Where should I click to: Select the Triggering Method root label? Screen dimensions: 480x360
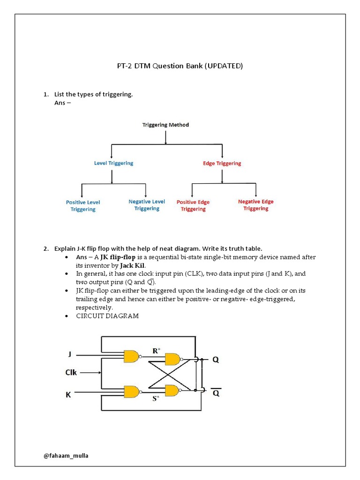pyautogui.click(x=165, y=125)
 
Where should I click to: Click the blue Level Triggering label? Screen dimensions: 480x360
pyautogui.click(x=113, y=163)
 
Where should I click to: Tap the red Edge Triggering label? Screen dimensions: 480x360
pyautogui.click(x=222, y=163)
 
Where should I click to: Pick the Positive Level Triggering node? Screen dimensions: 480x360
pyautogui.click(x=83, y=206)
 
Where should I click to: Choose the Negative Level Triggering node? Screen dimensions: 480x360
pyautogui.click(x=147, y=205)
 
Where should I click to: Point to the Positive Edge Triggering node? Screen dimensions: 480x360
pyautogui.click(x=193, y=205)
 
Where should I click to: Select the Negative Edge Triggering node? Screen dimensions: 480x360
pyautogui.click(x=255, y=205)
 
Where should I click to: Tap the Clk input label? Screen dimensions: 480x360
pyautogui.click(x=71, y=373)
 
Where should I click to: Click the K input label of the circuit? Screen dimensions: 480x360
pyautogui.click(x=68, y=395)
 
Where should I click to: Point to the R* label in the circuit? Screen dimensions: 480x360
pyautogui.click(x=157, y=350)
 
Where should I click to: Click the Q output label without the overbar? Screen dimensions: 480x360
pyautogui.click(x=216, y=360)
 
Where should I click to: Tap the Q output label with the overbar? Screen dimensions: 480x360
pyautogui.click(x=216, y=393)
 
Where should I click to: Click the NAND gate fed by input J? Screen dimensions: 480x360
pyautogui.click(x=132, y=356)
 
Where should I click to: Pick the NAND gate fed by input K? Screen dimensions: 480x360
pyautogui.click(x=132, y=391)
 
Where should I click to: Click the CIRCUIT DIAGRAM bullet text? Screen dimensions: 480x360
pyautogui.click(x=107, y=316)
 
